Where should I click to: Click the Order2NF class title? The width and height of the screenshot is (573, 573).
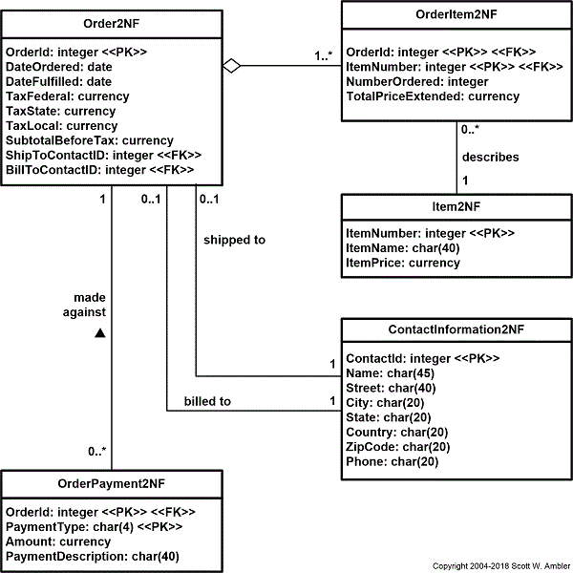coord(112,22)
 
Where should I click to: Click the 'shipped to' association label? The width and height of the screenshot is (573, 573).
coord(234,240)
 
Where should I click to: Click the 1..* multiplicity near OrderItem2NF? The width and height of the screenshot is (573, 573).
coord(323,55)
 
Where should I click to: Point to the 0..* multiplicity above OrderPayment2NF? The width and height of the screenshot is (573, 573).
coord(96,451)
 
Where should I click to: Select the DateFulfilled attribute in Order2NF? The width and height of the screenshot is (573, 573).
coord(58,82)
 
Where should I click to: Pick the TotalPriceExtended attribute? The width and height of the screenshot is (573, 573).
coord(433,96)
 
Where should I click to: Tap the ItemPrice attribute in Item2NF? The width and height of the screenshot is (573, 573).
coord(402,263)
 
